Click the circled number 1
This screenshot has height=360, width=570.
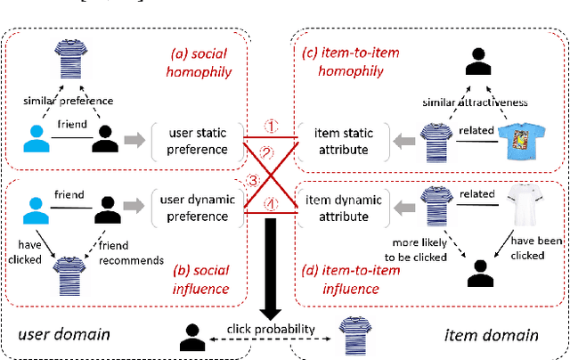[263, 127]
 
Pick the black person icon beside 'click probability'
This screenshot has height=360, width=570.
[191, 335]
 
